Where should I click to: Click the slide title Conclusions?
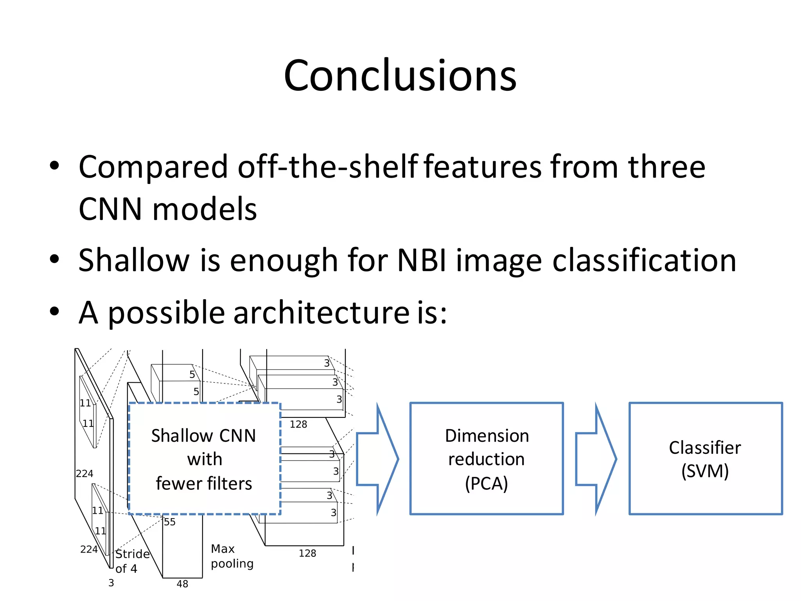400,75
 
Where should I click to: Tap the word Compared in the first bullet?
153,167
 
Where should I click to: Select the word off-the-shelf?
328,167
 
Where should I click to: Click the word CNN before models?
110,209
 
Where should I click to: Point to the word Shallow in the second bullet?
134,260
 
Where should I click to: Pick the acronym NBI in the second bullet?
422,260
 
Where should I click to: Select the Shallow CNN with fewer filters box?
204,459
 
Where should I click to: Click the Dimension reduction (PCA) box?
487,459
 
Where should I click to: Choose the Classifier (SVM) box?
705,459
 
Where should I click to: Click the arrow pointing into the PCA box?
377,459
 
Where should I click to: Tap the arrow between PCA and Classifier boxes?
596,459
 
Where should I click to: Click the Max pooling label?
232,556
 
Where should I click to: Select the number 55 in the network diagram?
170,522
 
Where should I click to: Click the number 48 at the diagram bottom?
182,584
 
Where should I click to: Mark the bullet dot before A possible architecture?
54,312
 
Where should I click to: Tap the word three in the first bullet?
666,167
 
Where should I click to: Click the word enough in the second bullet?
284,261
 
